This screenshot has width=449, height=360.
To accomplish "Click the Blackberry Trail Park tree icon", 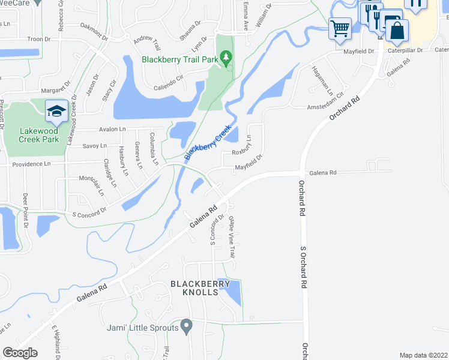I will (x=226, y=58).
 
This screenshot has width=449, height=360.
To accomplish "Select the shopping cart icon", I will (x=340, y=28).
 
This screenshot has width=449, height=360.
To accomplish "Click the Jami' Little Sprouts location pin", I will (x=186, y=327).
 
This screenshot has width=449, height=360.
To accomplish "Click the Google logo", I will (x=20, y=353).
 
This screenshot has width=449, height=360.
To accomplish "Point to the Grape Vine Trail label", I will (x=232, y=238).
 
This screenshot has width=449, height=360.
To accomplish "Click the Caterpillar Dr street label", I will (x=405, y=51).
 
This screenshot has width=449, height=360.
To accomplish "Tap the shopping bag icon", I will (x=397, y=31).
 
